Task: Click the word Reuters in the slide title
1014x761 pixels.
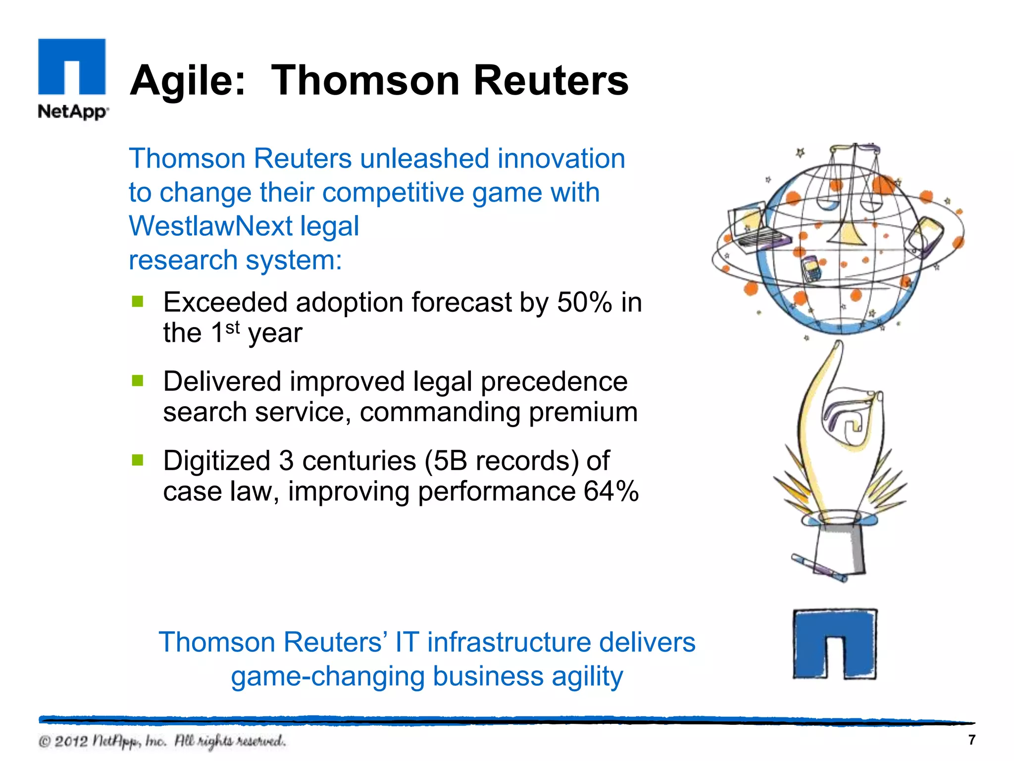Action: click(x=551, y=81)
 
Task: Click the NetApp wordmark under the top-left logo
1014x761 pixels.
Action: click(x=73, y=111)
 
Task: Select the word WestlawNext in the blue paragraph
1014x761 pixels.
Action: click(x=210, y=226)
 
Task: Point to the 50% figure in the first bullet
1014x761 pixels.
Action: click(x=584, y=302)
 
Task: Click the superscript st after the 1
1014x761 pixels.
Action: click(x=232, y=327)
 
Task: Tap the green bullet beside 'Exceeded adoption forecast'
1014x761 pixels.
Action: click(x=138, y=301)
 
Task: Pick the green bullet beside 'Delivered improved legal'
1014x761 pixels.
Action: click(x=138, y=380)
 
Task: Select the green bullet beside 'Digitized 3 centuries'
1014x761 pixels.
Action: click(x=138, y=460)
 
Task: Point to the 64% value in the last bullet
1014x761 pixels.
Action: click(x=611, y=491)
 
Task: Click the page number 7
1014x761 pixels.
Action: click(x=971, y=740)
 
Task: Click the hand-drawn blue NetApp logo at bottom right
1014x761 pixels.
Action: click(x=835, y=644)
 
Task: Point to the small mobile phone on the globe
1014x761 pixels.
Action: click(x=811, y=269)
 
